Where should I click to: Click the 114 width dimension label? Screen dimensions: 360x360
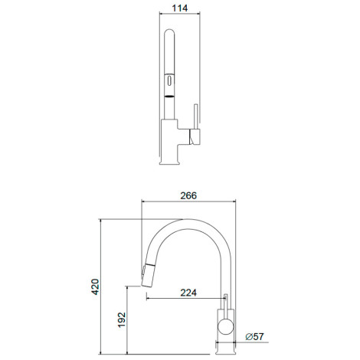(x=180, y=8)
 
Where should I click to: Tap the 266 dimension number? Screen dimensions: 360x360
(x=188, y=195)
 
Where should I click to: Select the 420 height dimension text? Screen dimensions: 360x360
(x=95, y=286)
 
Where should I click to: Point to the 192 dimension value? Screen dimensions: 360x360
(x=122, y=319)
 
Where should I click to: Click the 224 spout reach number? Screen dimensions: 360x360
(x=188, y=293)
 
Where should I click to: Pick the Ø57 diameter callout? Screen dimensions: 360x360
(x=254, y=336)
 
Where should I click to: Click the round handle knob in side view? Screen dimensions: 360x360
(x=226, y=326)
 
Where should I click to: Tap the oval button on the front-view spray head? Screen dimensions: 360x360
(x=169, y=81)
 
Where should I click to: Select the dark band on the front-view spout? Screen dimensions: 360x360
(x=169, y=97)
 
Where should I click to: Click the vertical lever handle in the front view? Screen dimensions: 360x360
(x=196, y=116)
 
